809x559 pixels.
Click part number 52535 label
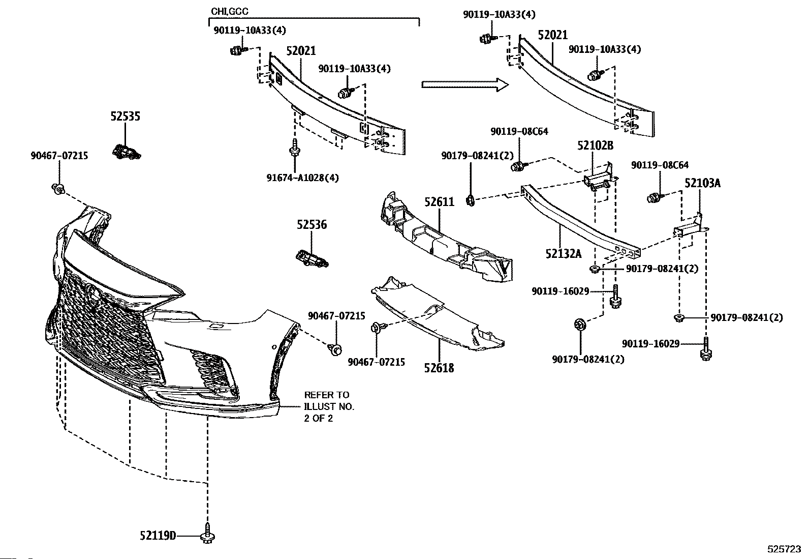click(x=125, y=116)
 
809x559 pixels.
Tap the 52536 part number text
click(x=312, y=225)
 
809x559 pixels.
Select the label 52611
click(x=440, y=202)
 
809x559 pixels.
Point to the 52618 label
click(x=439, y=367)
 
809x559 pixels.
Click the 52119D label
click(x=158, y=536)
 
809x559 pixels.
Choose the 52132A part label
click(x=564, y=253)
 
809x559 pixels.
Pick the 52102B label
click(x=595, y=146)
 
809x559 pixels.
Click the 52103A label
click(x=702, y=183)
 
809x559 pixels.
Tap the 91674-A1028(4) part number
click(x=302, y=178)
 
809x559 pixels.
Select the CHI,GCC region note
click(x=230, y=11)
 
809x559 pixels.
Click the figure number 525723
click(x=784, y=549)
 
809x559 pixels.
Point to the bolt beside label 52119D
click(x=207, y=533)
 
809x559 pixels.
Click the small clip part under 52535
click(x=126, y=151)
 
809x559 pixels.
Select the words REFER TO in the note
click(x=327, y=395)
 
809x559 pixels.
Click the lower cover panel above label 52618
click(x=437, y=315)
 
